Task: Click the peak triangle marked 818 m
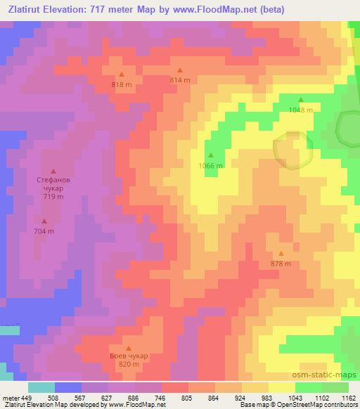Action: (x=122, y=74)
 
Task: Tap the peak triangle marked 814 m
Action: (x=179, y=70)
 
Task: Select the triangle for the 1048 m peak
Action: (x=301, y=100)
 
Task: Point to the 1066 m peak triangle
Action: (x=210, y=155)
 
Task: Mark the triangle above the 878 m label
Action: (x=281, y=254)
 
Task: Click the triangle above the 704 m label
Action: (x=44, y=221)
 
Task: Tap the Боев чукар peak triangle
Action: (x=129, y=348)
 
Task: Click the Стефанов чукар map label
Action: (x=53, y=184)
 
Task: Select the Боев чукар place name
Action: (x=129, y=356)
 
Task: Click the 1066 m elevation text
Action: (x=210, y=166)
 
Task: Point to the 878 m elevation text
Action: (x=281, y=264)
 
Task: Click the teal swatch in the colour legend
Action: (x=41, y=387)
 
